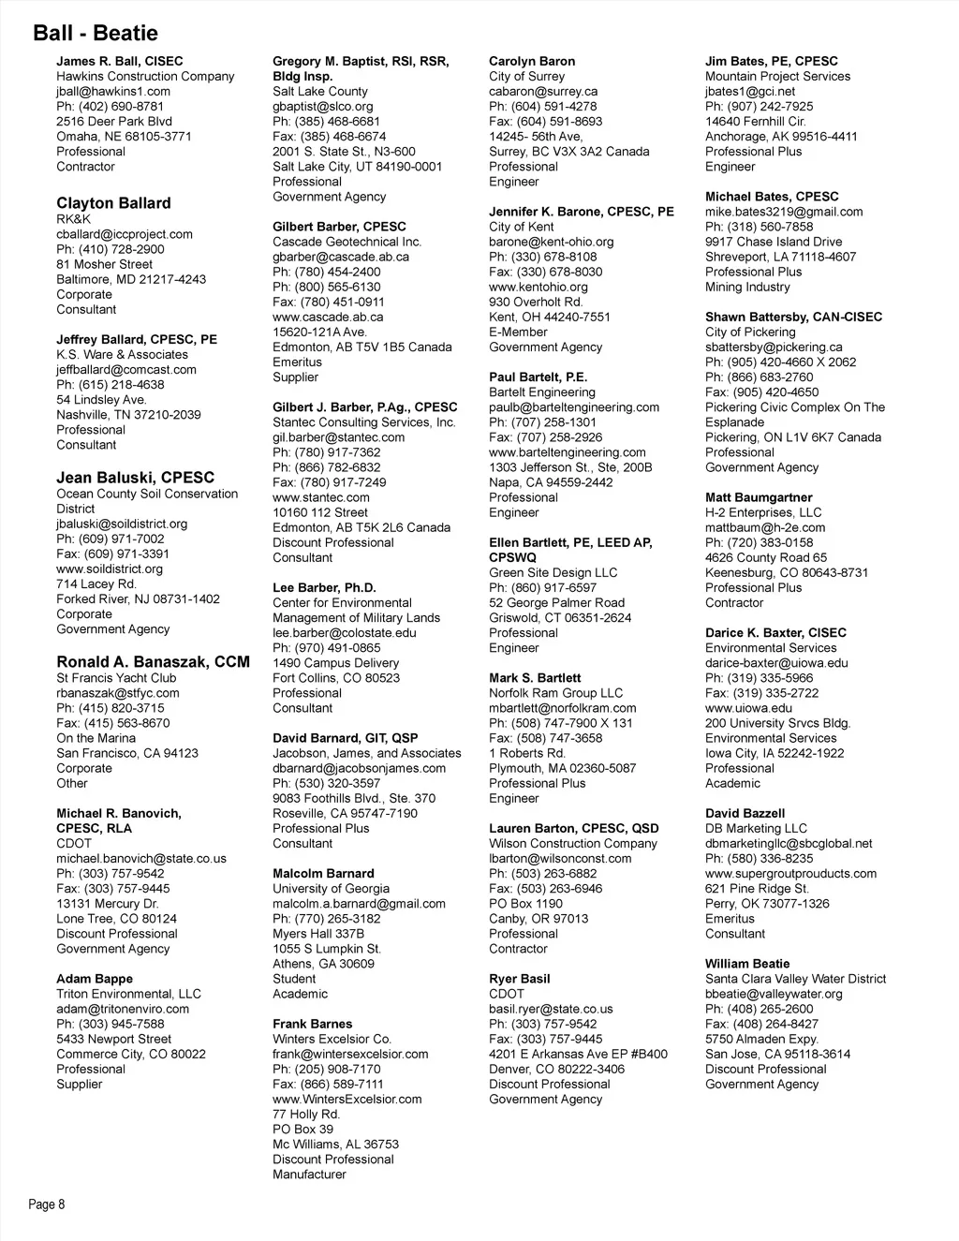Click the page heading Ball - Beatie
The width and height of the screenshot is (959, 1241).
tap(96, 34)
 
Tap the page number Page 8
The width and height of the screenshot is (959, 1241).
tap(47, 1204)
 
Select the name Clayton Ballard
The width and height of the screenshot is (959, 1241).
tap(113, 203)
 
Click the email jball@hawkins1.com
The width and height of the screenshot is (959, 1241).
tap(113, 92)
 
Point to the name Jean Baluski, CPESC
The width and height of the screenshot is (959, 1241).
tap(135, 478)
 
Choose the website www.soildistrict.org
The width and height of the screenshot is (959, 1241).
tap(110, 569)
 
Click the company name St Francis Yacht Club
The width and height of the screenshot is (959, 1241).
tap(116, 678)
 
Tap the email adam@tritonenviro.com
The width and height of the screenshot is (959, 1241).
tap(123, 1010)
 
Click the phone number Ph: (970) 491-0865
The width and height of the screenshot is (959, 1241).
tap(327, 648)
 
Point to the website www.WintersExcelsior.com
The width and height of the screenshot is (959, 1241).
tap(347, 1100)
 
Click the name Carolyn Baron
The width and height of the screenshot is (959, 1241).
tap(532, 62)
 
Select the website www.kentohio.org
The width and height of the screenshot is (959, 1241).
tap(539, 288)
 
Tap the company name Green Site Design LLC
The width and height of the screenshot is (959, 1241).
tap(553, 573)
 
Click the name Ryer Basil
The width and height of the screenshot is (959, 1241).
tap(520, 979)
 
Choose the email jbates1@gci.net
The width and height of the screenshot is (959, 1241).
tap(750, 92)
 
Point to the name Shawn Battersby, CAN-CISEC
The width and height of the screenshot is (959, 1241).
tap(793, 318)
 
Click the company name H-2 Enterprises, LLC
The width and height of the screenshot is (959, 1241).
tap(763, 513)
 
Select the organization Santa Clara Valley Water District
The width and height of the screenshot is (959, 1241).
tap(795, 979)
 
